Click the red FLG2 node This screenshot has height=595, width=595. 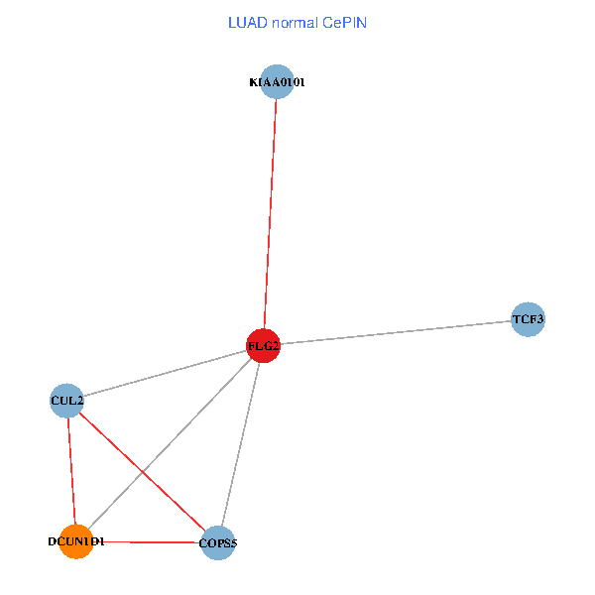pyautogui.click(x=263, y=345)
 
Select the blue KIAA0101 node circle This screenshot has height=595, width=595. pyautogui.click(x=277, y=82)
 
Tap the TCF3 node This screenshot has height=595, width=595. pyautogui.click(x=528, y=319)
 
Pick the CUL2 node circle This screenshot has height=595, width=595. pyautogui.click(x=66, y=401)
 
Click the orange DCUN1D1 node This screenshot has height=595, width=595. pyautogui.click(x=75, y=541)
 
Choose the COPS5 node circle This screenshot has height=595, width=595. pyautogui.click(x=218, y=542)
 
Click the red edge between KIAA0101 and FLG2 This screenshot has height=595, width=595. pyautogui.click(x=270, y=213)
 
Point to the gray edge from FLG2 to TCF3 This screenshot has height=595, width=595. pyautogui.click(x=397, y=332)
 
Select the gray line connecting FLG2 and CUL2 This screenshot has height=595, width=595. pyautogui.click(x=164, y=373)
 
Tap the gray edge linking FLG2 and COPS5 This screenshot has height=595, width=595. pyautogui.click(x=241, y=442)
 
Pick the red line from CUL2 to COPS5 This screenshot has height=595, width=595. pyautogui.click(x=142, y=471)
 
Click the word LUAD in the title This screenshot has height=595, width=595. pyautogui.click(x=246, y=22)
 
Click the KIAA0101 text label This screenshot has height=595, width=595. pyautogui.click(x=277, y=82)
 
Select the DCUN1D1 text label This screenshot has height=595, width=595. pyautogui.click(x=75, y=541)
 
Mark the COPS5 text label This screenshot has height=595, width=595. pyautogui.click(x=218, y=542)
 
